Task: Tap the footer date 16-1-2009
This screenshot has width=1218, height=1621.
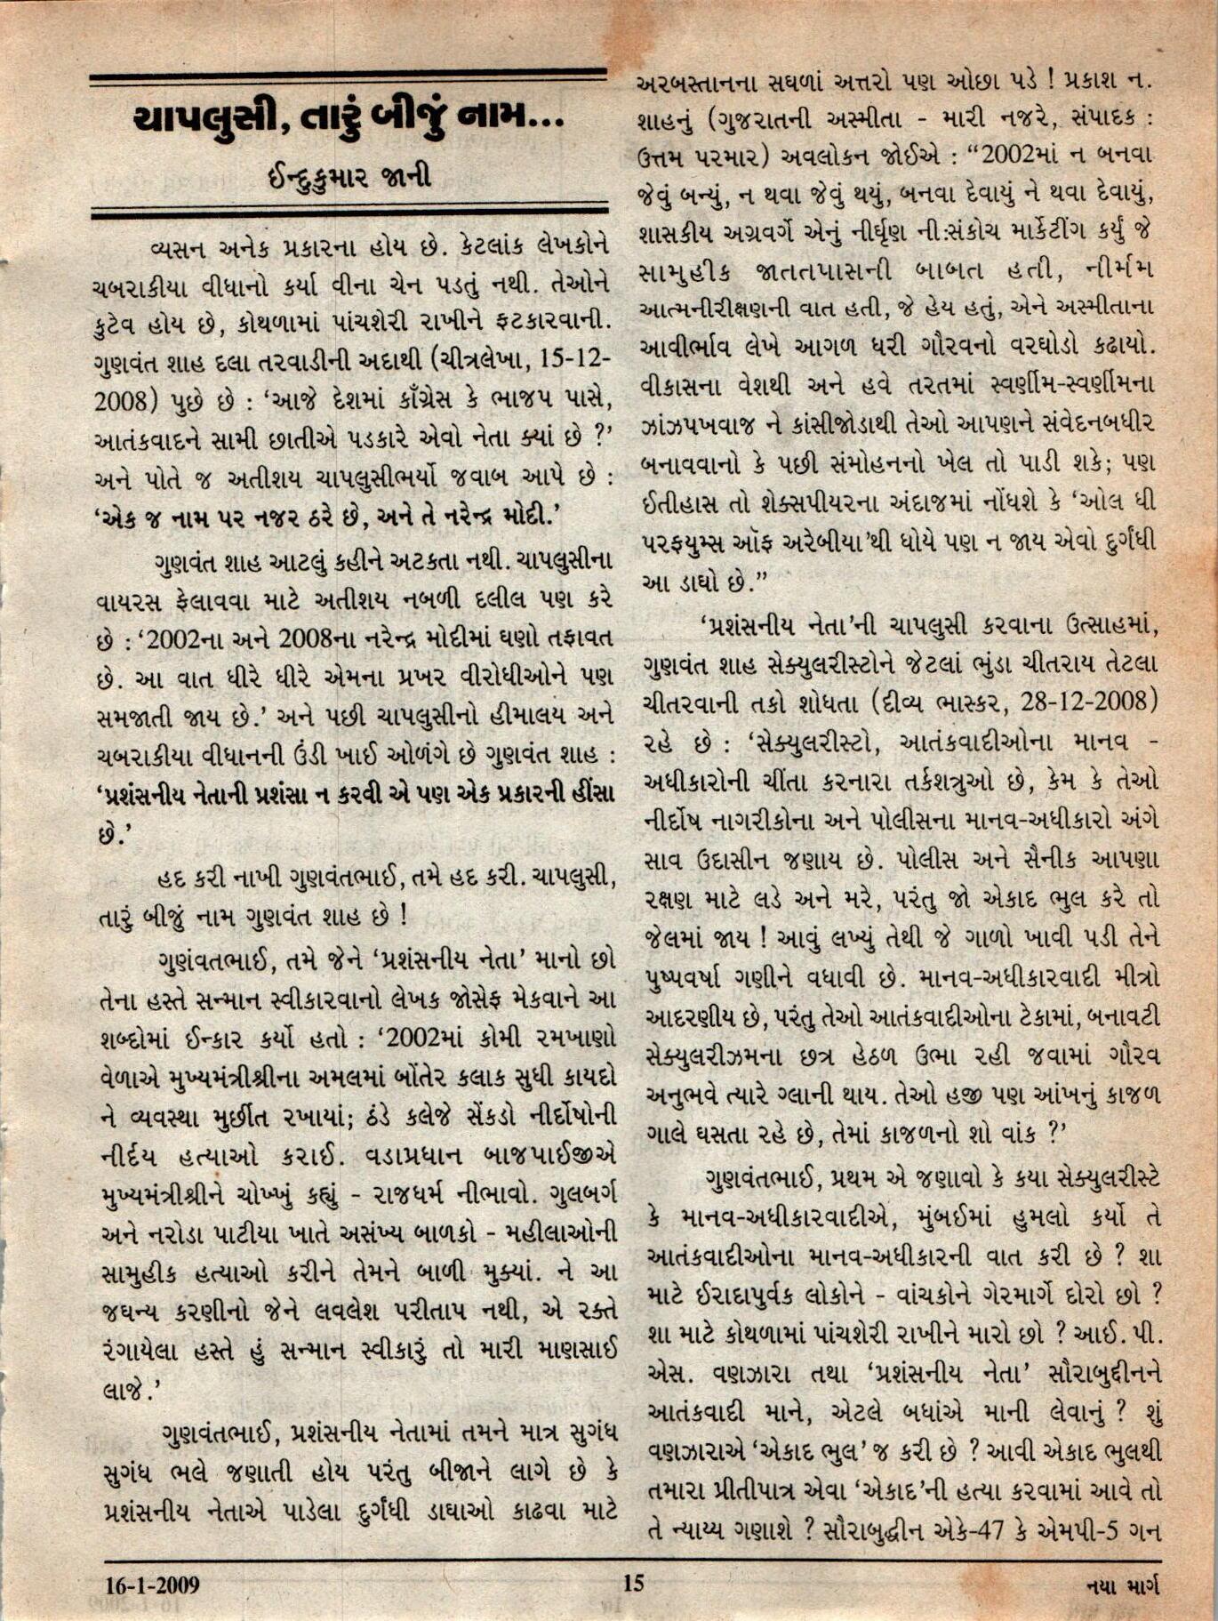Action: click(x=151, y=1585)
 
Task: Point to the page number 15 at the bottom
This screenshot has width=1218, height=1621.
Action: click(x=633, y=1583)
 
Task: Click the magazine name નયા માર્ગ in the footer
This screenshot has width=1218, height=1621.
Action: click(x=1122, y=1585)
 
